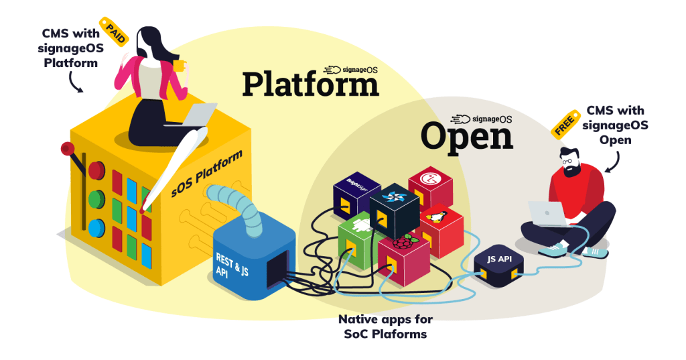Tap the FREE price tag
coord(565,125)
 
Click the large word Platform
coord(310,85)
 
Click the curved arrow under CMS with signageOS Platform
coord(74,83)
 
